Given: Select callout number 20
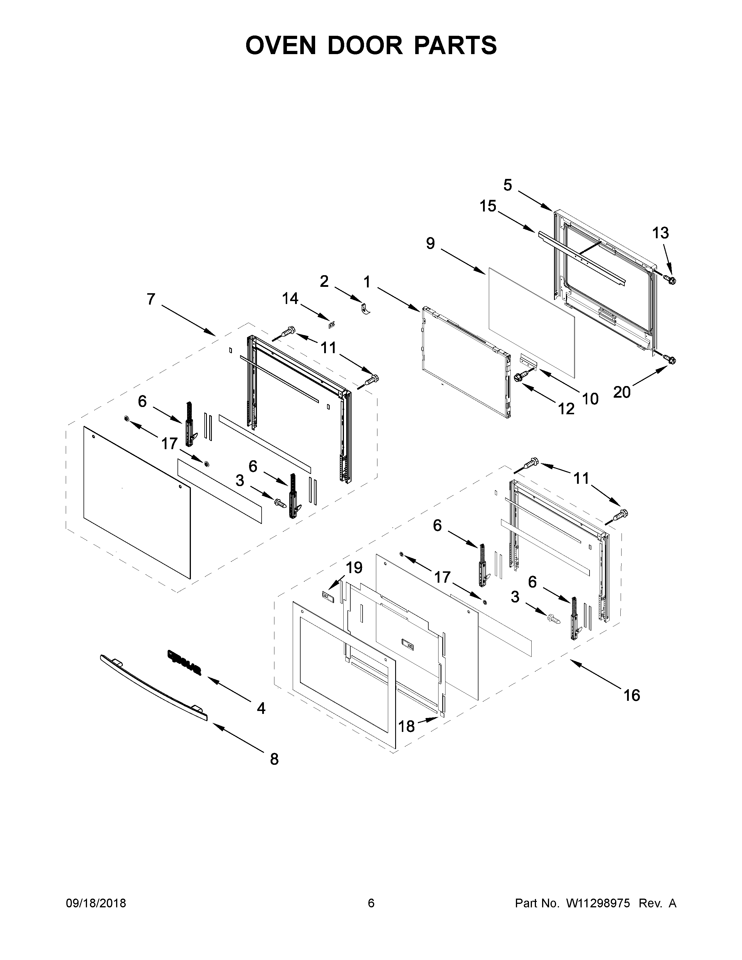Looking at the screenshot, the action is pos(622,392).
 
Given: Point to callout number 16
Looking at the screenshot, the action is pos(632,695).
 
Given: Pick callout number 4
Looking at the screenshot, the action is pos(261,708).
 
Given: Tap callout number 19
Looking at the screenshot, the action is pos(354,568).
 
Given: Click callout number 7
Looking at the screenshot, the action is pos(151,299).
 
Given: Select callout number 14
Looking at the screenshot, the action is pos(290,299).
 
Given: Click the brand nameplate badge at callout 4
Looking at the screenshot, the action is pos(184,662).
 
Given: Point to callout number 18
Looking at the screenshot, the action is pos(406,727).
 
